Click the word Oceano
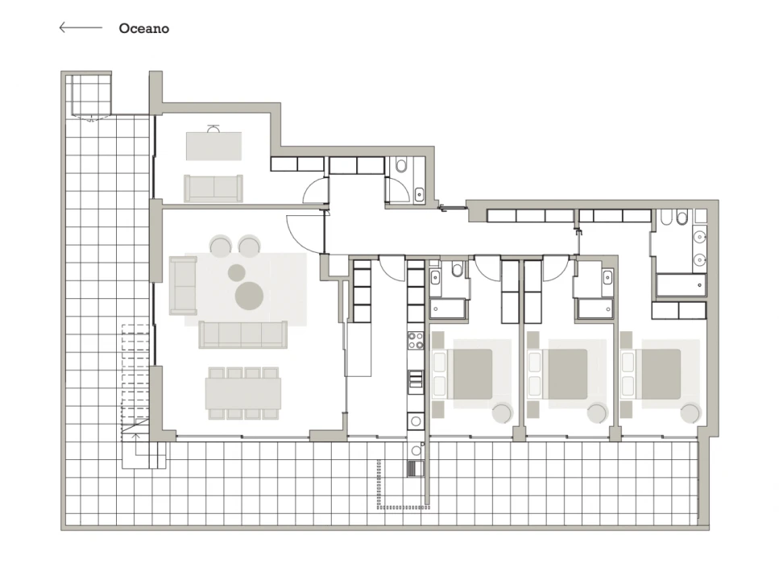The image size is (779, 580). [143, 28]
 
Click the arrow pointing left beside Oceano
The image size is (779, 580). [80, 27]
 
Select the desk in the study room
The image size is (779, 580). [213, 146]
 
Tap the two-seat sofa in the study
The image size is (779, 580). [213, 188]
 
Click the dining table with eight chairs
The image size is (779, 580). [242, 393]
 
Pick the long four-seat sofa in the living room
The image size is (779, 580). [243, 333]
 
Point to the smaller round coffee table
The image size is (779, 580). [236, 272]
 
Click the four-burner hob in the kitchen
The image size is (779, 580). [416, 341]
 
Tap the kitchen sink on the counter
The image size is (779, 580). [416, 379]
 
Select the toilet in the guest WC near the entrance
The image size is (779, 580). [400, 167]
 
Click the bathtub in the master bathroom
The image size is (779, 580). [681, 285]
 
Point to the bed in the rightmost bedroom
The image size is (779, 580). [661, 374]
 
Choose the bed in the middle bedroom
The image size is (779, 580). [567, 374]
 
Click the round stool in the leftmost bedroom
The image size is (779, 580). [502, 413]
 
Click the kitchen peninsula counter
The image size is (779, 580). [358, 348]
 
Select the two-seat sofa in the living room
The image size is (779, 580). [183, 286]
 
